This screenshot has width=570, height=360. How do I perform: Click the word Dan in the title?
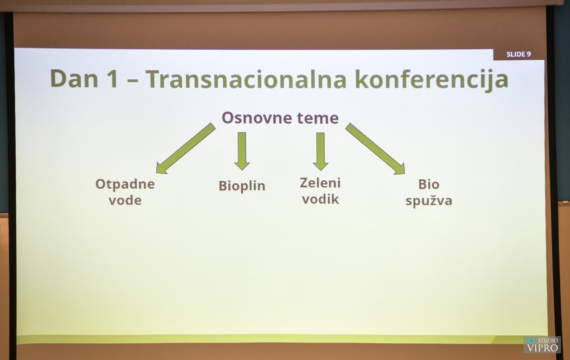pos(74,79)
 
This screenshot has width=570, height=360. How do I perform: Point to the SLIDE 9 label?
pos(519,54)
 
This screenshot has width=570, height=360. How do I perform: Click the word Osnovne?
pos(257,118)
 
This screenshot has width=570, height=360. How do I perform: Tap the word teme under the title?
pos(318,118)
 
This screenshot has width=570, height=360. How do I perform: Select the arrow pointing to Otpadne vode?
pos(186,149)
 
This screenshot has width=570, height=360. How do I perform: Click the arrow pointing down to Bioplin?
pos(242,151)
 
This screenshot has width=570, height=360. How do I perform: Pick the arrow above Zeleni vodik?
pos(320,152)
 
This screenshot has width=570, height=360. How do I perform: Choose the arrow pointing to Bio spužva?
pos(375,149)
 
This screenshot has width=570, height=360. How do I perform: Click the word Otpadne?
pos(125,184)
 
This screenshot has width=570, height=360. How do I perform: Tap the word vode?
pos(125,200)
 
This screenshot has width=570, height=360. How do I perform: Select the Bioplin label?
pos(242,186)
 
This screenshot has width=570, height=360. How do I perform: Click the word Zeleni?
pos(320,183)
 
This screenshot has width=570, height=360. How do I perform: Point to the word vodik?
pos(320,199)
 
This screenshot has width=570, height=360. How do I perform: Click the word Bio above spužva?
pos(429,184)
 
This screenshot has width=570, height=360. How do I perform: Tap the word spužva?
pos(429,200)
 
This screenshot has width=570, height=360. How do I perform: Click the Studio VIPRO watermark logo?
pos(542,345)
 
